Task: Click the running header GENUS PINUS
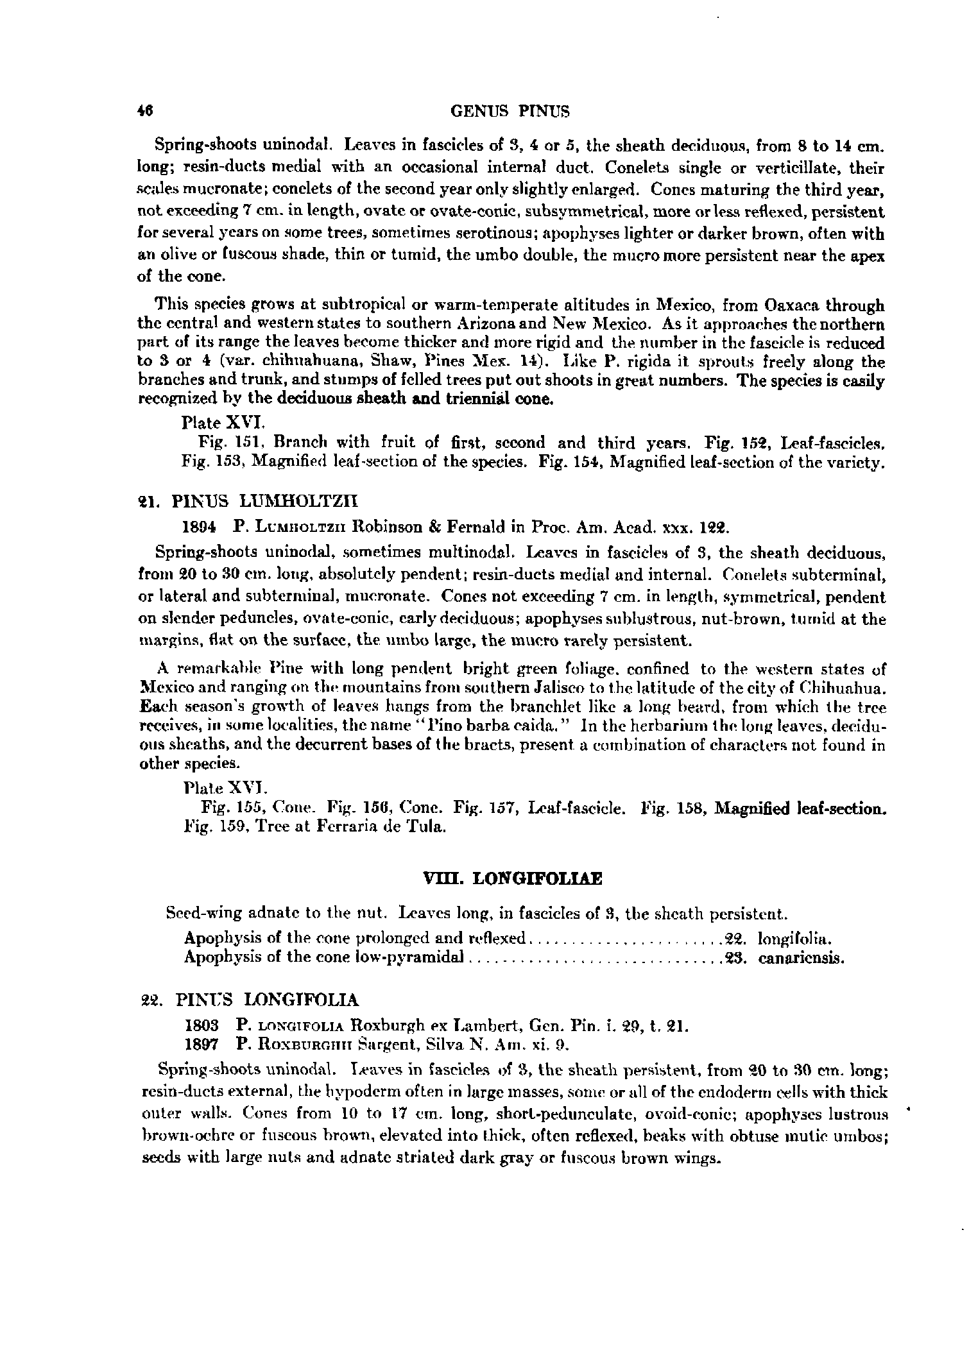click(510, 112)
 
